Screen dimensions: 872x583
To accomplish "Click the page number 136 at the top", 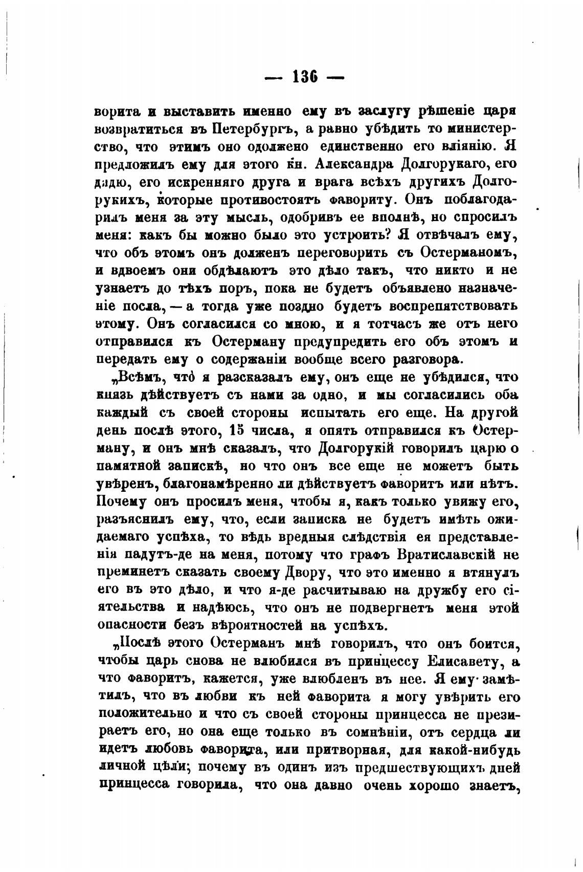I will coord(305,77).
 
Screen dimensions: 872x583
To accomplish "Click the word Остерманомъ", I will coord(469,252).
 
